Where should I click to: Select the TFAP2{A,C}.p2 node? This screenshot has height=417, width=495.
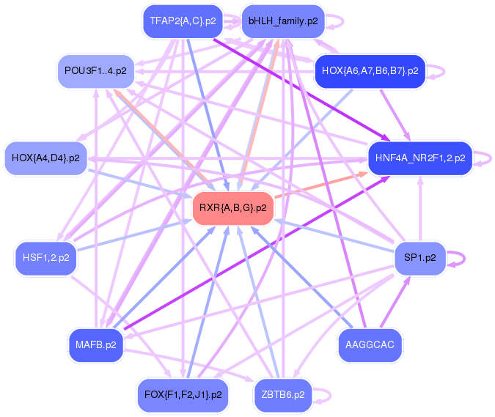[x=183, y=21]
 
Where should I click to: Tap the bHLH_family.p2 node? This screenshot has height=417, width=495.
[x=283, y=21]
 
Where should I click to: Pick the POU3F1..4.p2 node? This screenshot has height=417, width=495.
[x=95, y=71]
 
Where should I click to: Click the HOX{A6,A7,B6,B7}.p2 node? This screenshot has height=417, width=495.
[x=370, y=71]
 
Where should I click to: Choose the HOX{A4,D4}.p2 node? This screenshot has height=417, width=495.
[x=45, y=158]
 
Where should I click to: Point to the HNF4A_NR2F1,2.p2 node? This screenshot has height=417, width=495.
[x=419, y=158]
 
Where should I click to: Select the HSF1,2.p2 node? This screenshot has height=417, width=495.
[x=46, y=258]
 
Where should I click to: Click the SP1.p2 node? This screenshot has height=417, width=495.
[x=419, y=258]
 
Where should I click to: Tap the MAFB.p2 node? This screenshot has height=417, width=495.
[x=95, y=344]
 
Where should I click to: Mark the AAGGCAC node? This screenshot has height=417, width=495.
[x=370, y=344]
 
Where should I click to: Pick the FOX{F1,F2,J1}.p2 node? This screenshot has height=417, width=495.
[x=183, y=394]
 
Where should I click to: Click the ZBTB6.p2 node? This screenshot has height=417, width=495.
[x=283, y=394]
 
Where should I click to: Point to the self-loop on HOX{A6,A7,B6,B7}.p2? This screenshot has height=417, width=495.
[x=438, y=71]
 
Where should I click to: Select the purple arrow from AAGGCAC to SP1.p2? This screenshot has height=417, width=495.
[x=395, y=300]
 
